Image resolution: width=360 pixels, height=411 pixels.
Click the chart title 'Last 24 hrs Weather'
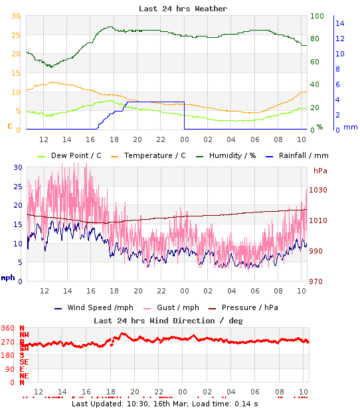point(183,9)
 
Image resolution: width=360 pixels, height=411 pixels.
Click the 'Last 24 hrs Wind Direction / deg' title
point(168,320)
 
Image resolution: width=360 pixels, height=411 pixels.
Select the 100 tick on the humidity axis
point(317,16)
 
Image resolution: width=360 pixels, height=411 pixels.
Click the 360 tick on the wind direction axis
point(8,329)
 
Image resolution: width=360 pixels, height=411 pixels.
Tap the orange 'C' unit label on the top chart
point(9,125)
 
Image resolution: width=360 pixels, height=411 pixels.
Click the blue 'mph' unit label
point(8,278)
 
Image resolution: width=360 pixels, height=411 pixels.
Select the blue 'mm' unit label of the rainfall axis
point(351,127)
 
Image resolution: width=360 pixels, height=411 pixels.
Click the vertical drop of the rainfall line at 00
point(184,116)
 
